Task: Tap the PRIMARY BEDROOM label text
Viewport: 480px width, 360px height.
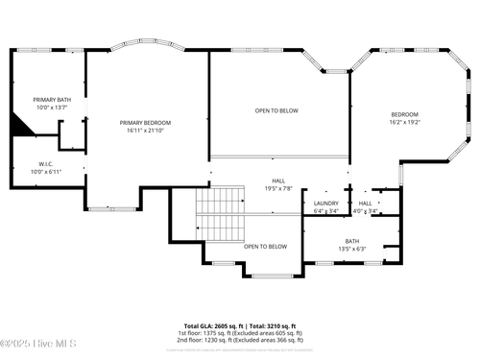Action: pyautogui.click(x=145, y=123)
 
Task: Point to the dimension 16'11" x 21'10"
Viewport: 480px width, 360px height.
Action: pyautogui.click(x=145, y=131)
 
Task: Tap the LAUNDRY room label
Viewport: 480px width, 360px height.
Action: pyautogui.click(x=326, y=204)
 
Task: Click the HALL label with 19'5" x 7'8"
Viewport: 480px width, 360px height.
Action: pyautogui.click(x=278, y=180)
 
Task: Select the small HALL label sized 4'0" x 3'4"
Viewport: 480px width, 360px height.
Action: pyautogui.click(x=365, y=204)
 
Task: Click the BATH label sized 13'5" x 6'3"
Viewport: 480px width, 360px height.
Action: pyautogui.click(x=352, y=241)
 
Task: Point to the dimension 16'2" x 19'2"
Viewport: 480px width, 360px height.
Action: pyautogui.click(x=405, y=123)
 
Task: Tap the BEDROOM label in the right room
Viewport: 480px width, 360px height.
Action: pyautogui.click(x=405, y=115)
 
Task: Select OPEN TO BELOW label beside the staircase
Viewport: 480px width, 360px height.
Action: pyautogui.click(x=265, y=247)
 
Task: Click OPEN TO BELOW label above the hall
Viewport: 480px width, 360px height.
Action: pyautogui.click(x=276, y=111)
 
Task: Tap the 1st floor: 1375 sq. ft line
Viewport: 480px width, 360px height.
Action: pyautogui.click(x=239, y=333)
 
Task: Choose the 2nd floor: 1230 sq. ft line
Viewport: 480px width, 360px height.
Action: pyautogui.click(x=239, y=341)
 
